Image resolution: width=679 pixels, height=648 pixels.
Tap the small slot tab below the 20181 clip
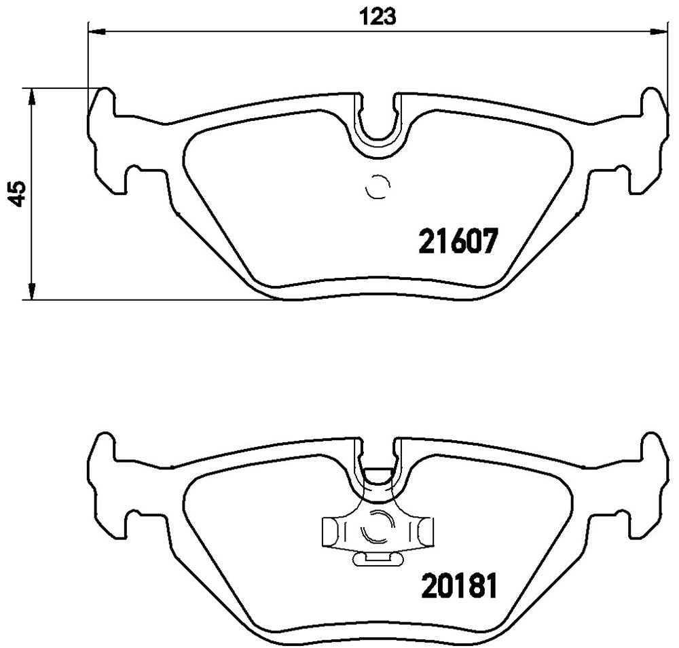pos(377,559)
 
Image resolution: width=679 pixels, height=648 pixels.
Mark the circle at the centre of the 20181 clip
pos(378,528)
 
